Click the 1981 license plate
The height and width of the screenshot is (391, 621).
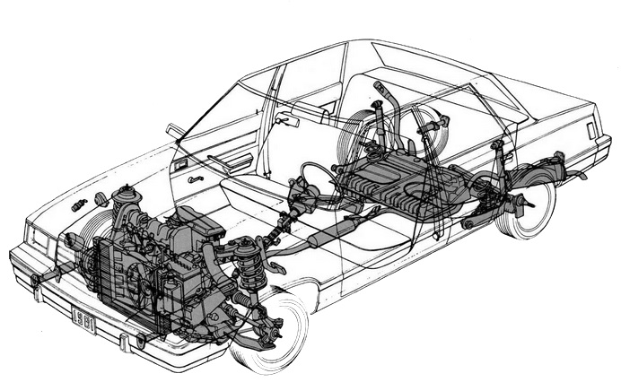[x=84, y=319]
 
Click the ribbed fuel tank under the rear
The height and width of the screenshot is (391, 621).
[x=400, y=183]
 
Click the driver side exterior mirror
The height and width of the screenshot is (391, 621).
[x=174, y=131]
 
